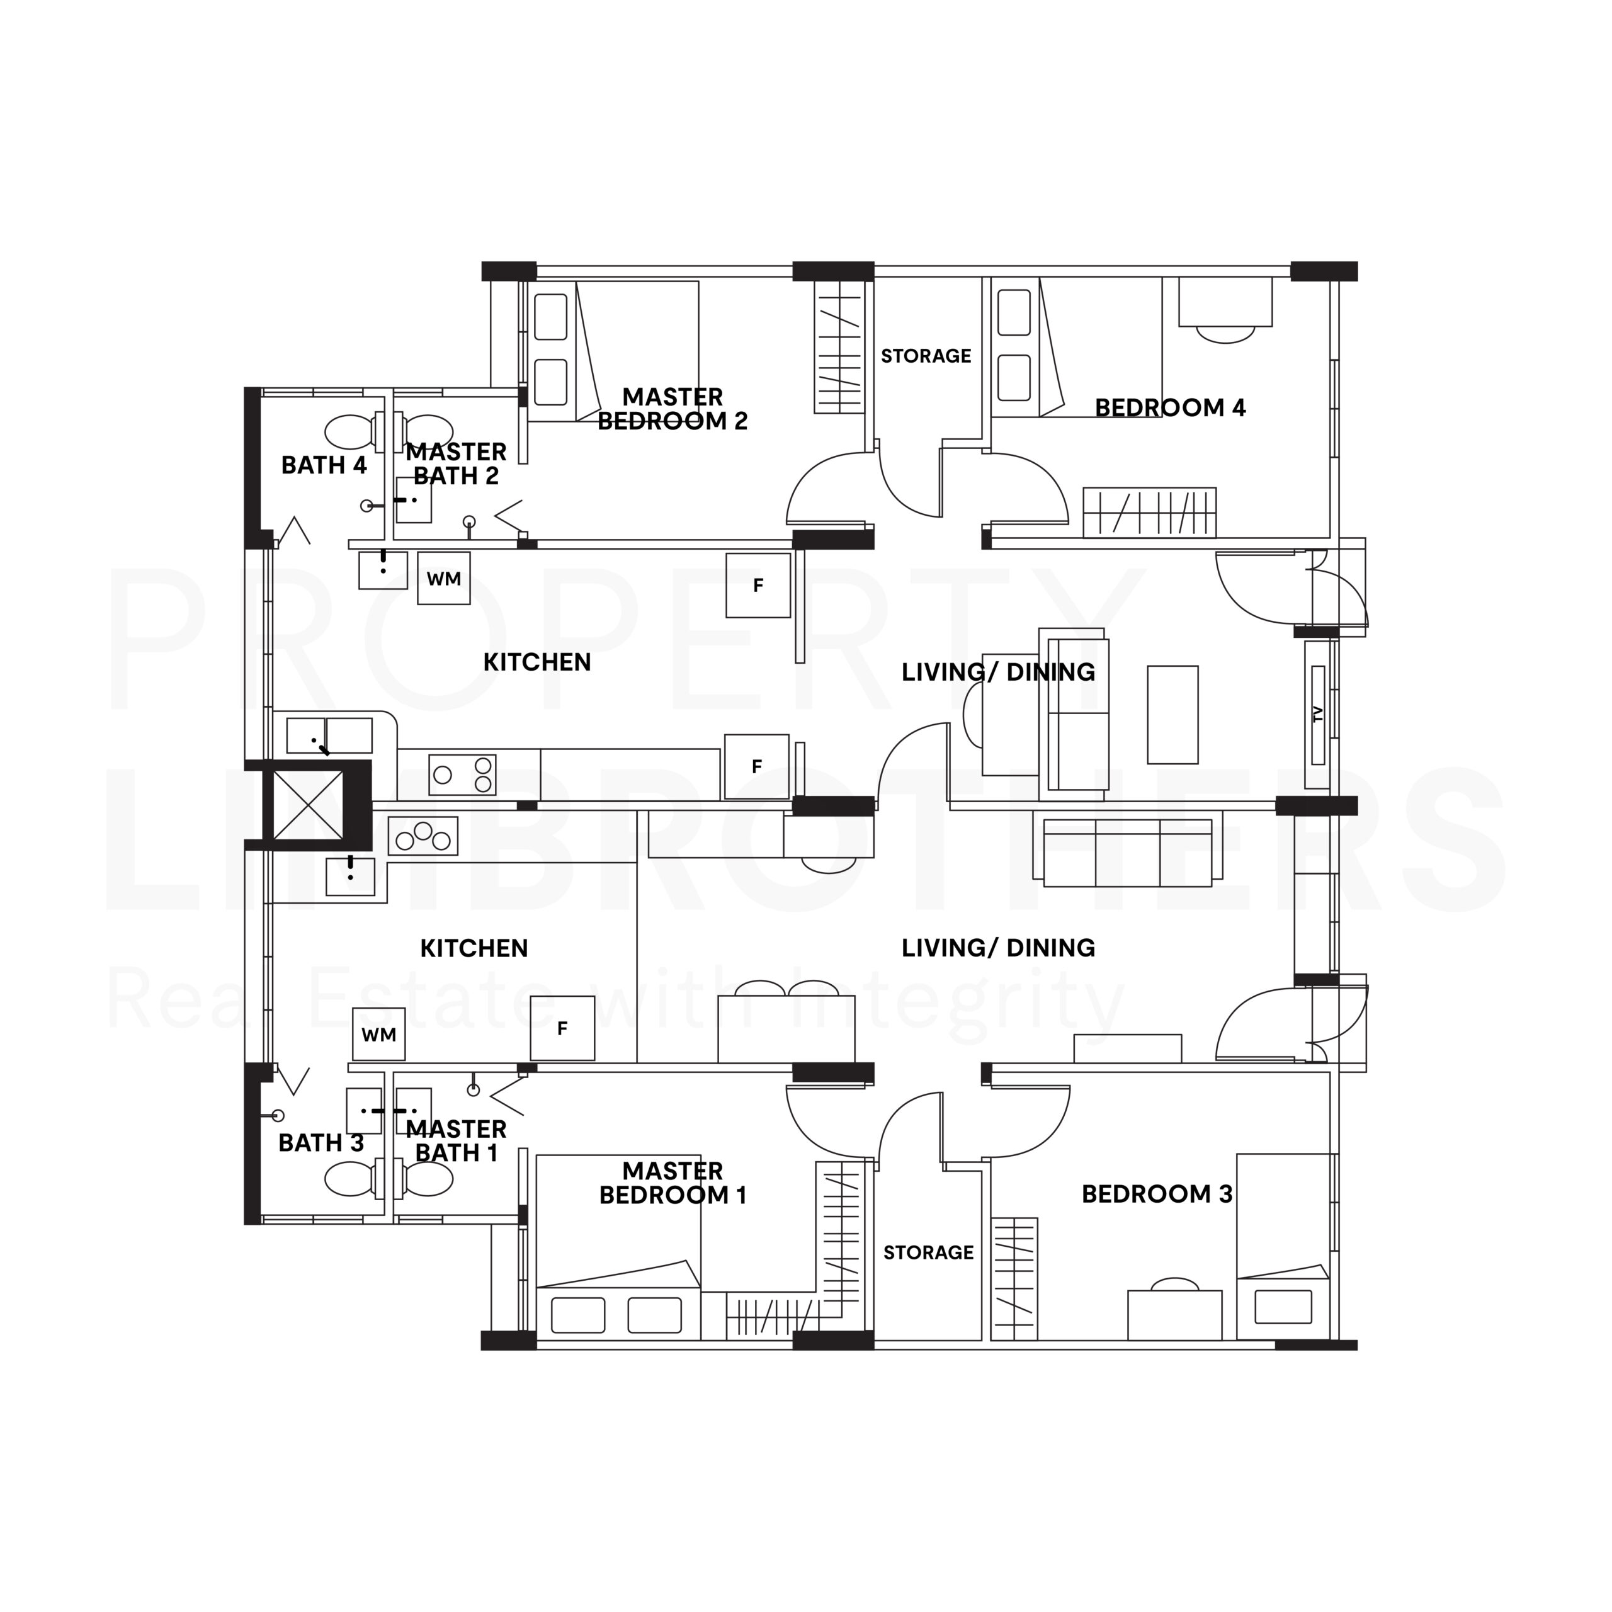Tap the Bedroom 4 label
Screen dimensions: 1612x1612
pos(1170,408)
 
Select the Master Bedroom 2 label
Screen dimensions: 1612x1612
pos(673,409)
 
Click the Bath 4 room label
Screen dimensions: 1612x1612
pos(324,465)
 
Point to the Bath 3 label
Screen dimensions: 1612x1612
pos(321,1143)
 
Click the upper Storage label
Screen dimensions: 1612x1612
pos(926,356)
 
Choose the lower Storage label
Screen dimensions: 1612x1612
pos(929,1252)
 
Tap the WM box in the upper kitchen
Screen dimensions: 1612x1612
pos(444,578)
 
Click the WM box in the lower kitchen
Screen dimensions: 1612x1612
pos(379,1035)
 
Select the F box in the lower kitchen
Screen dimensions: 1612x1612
pos(562,1029)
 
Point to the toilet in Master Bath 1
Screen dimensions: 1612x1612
pos(424,1179)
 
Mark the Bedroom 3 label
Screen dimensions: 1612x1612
pos(1157,1194)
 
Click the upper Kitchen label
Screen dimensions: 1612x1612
pos(537,662)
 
